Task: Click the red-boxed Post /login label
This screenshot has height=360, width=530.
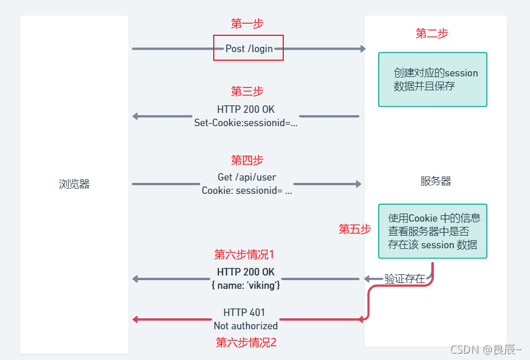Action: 248,49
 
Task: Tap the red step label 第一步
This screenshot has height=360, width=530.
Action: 247,24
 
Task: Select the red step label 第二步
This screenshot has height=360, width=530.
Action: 432,34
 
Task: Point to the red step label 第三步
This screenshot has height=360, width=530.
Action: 247,91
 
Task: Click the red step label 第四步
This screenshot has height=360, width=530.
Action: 247,160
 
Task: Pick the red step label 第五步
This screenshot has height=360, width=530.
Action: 354,229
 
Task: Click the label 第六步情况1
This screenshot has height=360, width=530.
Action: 244,255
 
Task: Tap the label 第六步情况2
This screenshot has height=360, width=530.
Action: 246,342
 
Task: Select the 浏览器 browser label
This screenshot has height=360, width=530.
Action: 74,184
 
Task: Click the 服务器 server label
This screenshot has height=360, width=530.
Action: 436,181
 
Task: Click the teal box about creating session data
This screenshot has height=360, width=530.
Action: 433,80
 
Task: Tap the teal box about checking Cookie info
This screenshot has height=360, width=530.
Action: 433,231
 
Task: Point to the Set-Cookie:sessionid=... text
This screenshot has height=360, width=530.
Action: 246,123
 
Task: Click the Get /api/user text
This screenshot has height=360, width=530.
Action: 247,178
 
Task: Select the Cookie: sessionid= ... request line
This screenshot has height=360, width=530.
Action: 247,190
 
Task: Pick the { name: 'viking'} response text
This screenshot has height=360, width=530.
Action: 246,285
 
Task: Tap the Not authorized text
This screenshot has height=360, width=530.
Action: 246,325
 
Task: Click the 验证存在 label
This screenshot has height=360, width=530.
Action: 404,278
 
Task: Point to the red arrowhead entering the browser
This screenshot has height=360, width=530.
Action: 136,319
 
